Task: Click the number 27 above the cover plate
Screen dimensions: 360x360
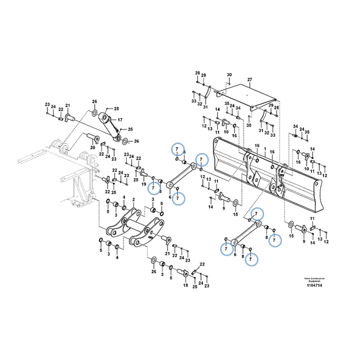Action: coord(233,80)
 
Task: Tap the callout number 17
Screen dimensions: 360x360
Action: coord(119,120)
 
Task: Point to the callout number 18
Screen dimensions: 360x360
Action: coord(186,286)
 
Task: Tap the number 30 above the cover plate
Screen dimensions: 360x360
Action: coord(212,74)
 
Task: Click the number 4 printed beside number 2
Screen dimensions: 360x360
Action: coord(124,197)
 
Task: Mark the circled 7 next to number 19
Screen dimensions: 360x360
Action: coord(153,186)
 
